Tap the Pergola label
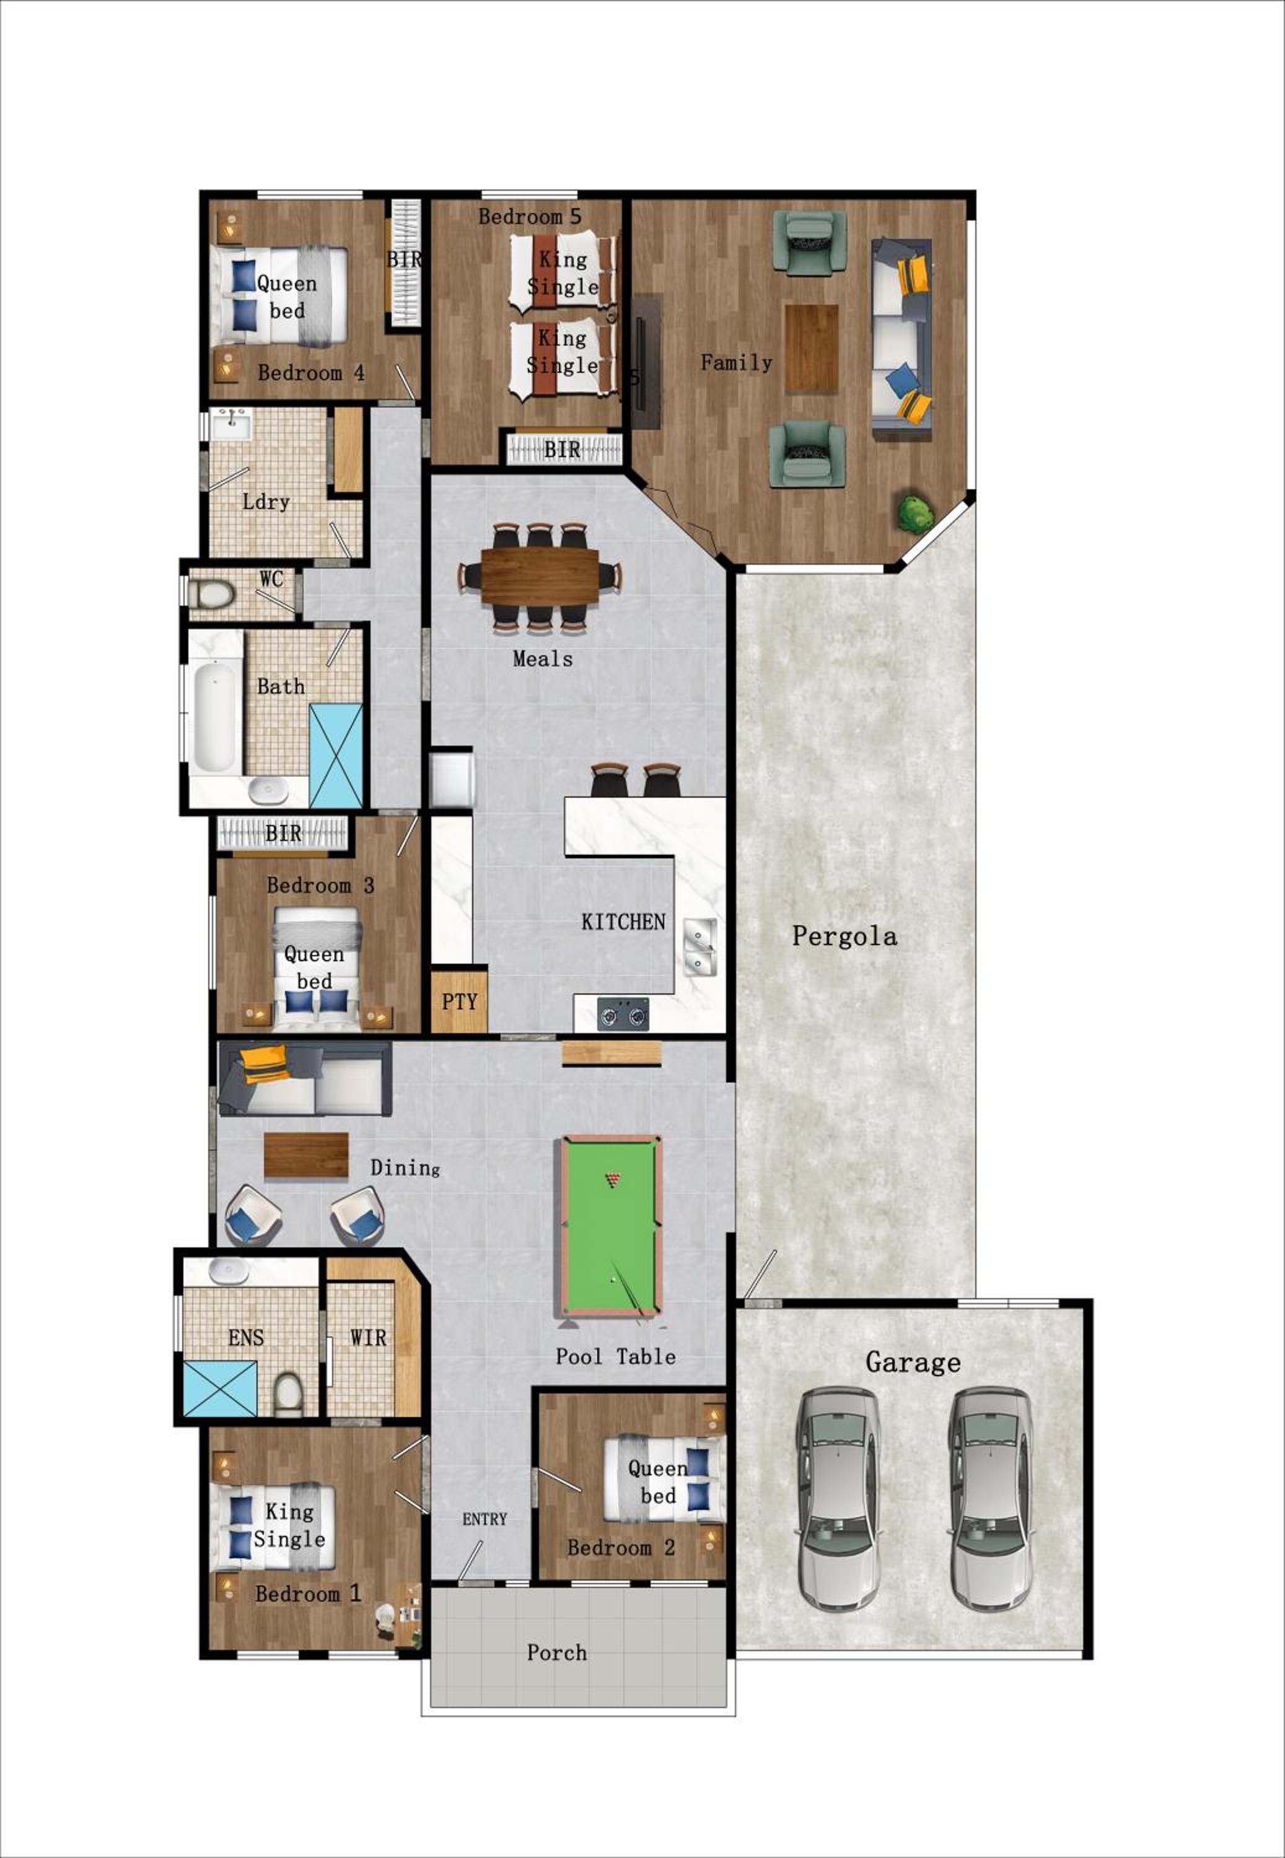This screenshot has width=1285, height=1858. [844, 936]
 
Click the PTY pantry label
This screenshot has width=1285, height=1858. [459, 1002]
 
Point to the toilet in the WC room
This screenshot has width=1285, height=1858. [211, 595]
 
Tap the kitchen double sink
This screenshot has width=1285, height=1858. [699, 947]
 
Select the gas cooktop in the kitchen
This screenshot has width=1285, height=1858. [623, 1014]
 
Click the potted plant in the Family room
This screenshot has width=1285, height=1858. [916, 513]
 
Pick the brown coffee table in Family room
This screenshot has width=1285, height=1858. [812, 349]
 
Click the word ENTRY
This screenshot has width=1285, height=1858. [484, 1519]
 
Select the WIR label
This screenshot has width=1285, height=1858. [368, 1338]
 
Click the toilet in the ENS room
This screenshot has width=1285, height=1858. [288, 1393]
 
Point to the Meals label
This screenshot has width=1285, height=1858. [543, 659]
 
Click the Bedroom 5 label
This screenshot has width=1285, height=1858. [529, 217]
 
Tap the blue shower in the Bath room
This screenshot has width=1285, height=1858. [336, 756]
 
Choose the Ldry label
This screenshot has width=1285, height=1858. [266, 502]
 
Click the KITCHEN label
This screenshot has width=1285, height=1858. [623, 922]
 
